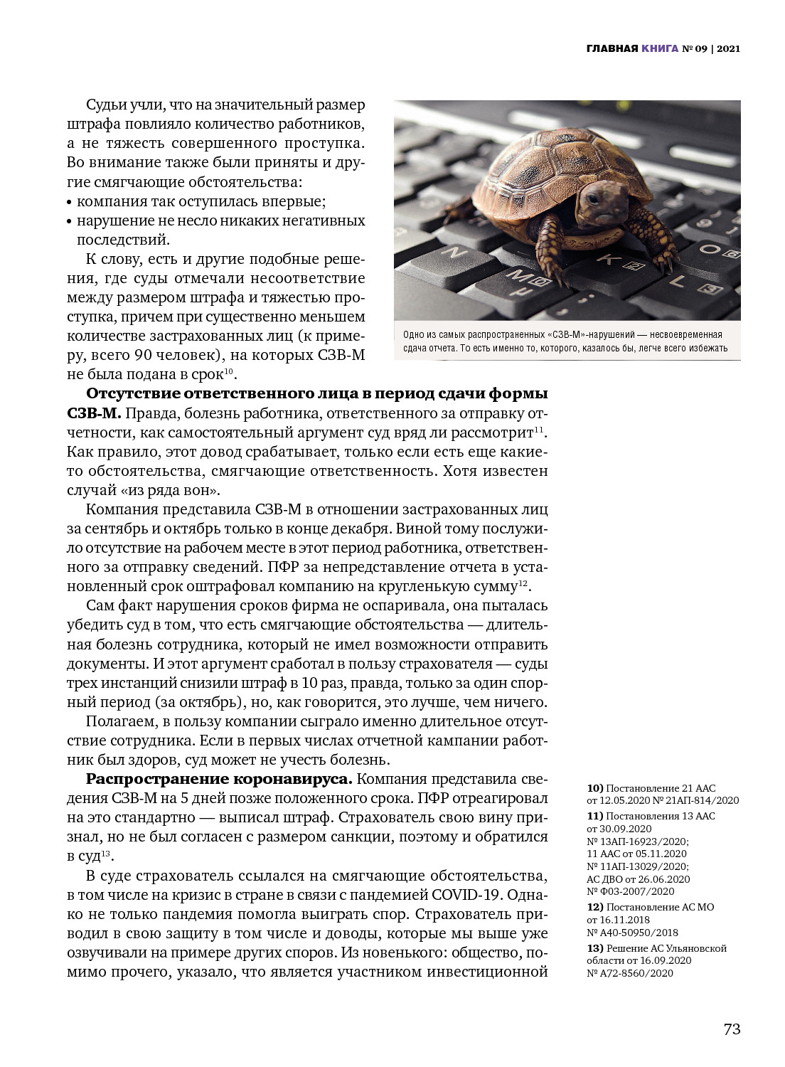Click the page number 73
[x=732, y=1029]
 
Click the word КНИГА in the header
[x=659, y=49]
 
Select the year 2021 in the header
[x=728, y=49]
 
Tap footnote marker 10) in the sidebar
[x=595, y=788]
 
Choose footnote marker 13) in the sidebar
[x=595, y=948]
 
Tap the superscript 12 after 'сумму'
[x=523, y=583]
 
